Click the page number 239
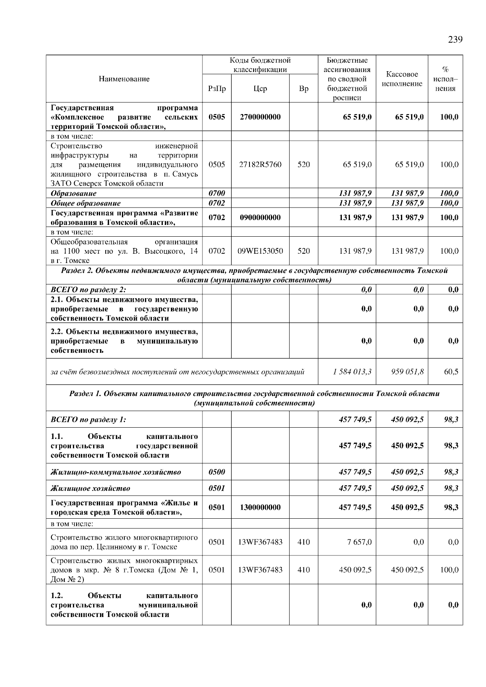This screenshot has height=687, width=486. [x=455, y=40]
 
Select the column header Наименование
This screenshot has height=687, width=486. [x=124, y=79]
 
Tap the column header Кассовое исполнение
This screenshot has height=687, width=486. [x=402, y=79]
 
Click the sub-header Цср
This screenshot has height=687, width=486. [x=260, y=89]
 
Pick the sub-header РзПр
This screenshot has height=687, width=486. [x=217, y=89]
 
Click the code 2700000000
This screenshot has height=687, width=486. [x=260, y=117]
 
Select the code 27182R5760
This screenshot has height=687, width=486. [x=260, y=164]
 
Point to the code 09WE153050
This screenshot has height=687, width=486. [x=260, y=251]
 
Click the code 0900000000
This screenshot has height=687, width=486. [x=260, y=218]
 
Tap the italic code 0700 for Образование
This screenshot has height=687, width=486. [x=217, y=193]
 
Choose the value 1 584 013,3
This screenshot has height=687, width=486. [x=352, y=371]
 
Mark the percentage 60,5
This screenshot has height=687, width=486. [x=451, y=371]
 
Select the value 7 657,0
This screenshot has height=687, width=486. [x=359, y=542]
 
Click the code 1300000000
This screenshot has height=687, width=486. [x=260, y=507]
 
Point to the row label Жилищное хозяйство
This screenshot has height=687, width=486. [x=90, y=488]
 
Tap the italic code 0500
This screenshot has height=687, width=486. [x=217, y=472]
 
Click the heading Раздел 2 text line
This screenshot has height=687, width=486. [x=254, y=271]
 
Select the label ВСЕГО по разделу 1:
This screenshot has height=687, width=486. [x=88, y=420]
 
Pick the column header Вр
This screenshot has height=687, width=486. [x=303, y=89]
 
